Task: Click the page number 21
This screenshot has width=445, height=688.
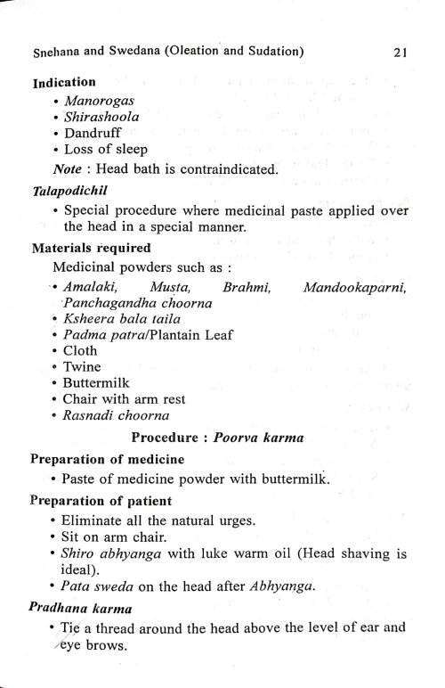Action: (399, 53)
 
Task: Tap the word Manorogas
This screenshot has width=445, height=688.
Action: (99, 100)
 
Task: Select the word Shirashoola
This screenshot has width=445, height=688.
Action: (102, 117)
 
